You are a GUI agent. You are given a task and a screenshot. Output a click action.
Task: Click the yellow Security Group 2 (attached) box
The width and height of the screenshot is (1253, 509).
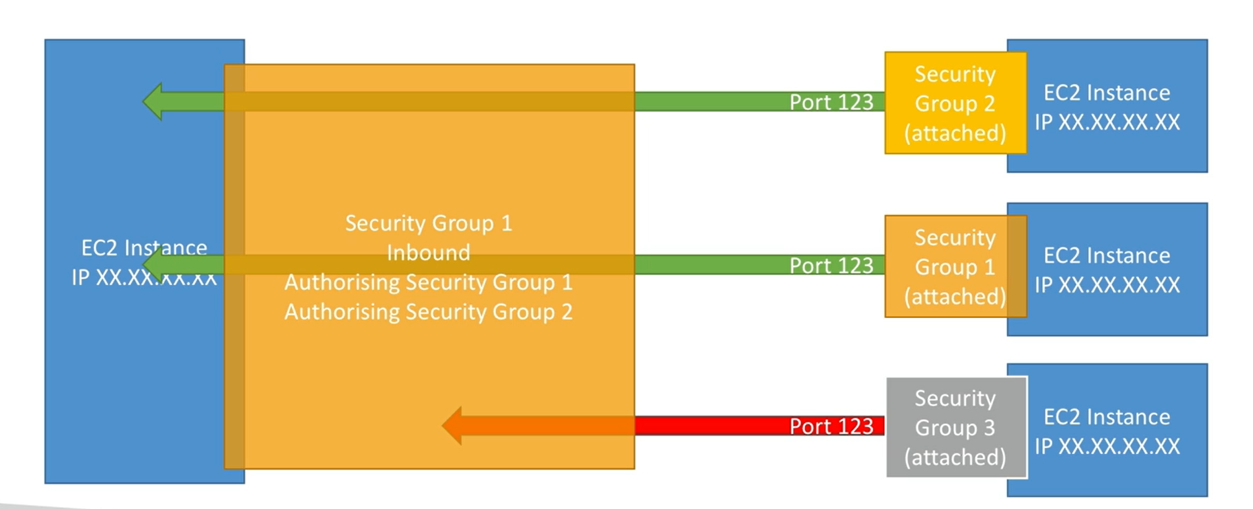[x=955, y=103]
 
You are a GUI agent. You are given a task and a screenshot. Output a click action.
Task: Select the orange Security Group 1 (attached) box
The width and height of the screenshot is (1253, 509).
[x=955, y=267]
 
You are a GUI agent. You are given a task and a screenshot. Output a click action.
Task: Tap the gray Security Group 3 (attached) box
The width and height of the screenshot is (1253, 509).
[x=955, y=427]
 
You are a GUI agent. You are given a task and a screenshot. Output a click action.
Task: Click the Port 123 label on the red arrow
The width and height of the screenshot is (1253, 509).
[x=831, y=427]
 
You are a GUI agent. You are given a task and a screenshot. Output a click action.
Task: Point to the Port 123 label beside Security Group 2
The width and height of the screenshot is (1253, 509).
[x=831, y=102]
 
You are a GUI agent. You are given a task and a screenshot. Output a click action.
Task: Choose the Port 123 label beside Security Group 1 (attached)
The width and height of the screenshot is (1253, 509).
[x=831, y=266]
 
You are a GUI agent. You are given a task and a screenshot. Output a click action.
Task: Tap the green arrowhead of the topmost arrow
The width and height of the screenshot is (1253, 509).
[x=154, y=102]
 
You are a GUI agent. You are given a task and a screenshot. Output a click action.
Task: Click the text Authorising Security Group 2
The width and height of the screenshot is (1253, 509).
[x=429, y=312]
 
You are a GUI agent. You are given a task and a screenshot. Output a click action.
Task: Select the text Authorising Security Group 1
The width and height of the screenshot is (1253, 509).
[x=429, y=282]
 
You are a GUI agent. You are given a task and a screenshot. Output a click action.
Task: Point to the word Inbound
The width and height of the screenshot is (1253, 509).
[x=429, y=253]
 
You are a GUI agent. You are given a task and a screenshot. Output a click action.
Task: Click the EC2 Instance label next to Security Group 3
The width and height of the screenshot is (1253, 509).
[x=1107, y=417]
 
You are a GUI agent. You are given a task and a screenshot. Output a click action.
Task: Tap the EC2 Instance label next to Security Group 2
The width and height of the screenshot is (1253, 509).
[x=1107, y=93]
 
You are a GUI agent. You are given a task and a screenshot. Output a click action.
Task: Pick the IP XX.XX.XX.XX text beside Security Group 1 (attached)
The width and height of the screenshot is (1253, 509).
[x=1107, y=285]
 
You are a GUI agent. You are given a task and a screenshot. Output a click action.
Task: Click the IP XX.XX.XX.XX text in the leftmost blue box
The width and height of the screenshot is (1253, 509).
[x=144, y=278]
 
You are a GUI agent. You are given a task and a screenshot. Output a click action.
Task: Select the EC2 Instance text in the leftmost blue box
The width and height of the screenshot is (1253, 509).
[x=144, y=247]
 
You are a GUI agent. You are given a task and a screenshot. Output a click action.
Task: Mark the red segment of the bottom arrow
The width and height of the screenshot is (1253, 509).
[x=708, y=426]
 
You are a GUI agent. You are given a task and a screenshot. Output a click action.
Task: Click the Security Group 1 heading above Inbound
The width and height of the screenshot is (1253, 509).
[x=429, y=223]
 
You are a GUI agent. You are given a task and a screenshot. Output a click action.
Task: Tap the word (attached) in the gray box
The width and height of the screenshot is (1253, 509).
[x=955, y=457]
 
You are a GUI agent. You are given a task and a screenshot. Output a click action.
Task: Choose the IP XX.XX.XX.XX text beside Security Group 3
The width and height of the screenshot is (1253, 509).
[x=1107, y=446]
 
